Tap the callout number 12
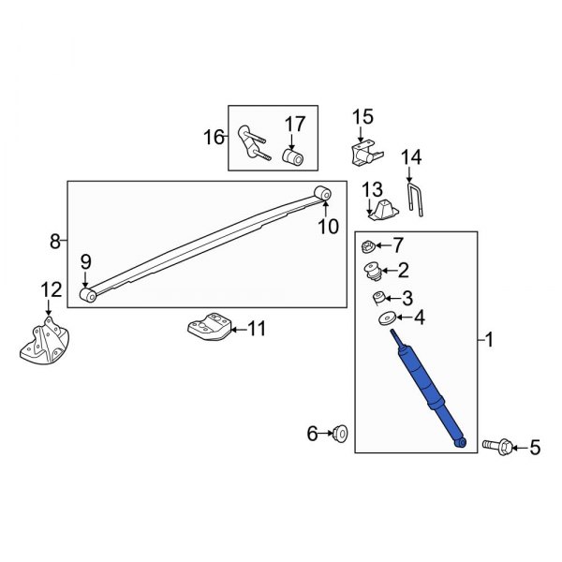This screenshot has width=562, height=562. tap(52, 290)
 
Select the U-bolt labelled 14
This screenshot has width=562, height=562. tap(415, 200)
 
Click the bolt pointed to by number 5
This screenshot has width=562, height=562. tap(497, 448)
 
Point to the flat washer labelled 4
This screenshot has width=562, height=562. tap(388, 318)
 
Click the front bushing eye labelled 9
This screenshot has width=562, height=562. tap(87, 295)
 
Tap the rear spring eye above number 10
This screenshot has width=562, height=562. tap(322, 194)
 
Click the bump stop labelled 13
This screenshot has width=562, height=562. tap(383, 210)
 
